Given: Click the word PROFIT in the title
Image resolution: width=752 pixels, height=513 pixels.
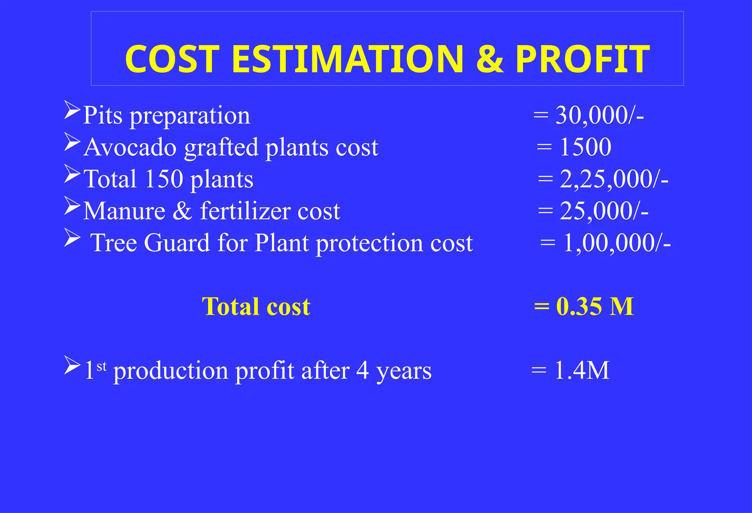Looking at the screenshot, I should point(582,59).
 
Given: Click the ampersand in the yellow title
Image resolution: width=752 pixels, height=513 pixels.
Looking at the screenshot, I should point(489,59).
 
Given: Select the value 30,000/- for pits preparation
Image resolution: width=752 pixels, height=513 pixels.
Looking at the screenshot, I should point(599,115).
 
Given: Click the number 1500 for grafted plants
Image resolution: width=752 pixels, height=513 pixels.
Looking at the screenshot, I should point(585,147).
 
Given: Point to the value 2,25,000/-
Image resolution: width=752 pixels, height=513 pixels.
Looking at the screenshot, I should point(614,179).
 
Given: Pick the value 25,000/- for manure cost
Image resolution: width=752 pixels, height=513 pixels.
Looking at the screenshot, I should point(604,211).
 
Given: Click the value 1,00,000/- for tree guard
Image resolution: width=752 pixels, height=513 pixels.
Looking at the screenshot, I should point(617,243).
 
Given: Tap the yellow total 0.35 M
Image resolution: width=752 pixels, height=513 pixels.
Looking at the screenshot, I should point(594,306).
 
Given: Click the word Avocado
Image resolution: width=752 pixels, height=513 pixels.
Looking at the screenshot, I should point(130,147).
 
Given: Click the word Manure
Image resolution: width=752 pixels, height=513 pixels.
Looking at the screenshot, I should point(124,211).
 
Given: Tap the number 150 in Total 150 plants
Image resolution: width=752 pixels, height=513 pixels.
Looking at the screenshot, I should point(164,179).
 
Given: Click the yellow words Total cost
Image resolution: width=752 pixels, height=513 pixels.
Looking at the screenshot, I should point(256,306).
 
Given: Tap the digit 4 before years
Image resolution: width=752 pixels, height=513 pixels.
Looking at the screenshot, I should point(362,370).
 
